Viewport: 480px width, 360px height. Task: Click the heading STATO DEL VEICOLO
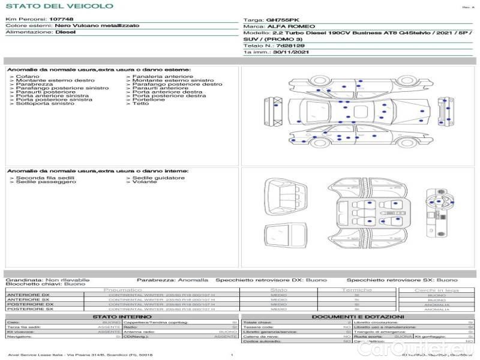coord(59,6)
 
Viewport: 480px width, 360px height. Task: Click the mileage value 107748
coord(61,19)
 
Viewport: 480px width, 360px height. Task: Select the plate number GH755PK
coord(281,20)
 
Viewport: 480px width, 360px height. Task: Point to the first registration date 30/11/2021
coord(284,52)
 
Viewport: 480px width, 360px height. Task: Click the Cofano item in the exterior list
coord(28,77)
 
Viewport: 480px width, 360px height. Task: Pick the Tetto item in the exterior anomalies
coord(140,104)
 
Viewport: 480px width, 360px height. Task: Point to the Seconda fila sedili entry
coord(45,178)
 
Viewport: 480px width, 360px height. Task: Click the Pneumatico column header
coord(127,290)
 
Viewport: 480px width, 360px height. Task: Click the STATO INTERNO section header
coord(122,316)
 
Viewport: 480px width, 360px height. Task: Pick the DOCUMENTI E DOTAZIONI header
coord(358,316)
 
